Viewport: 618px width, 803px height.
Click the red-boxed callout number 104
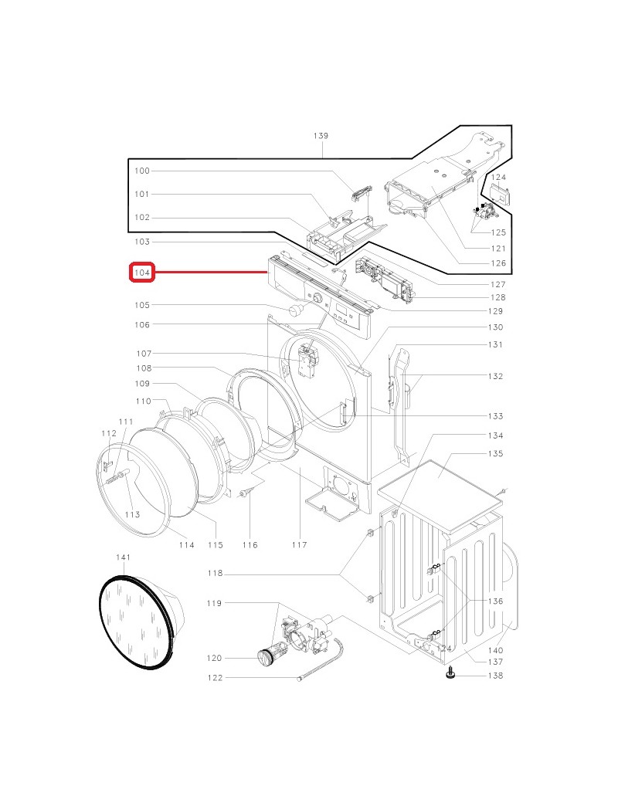click(142, 273)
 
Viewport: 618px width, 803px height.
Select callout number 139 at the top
click(321, 136)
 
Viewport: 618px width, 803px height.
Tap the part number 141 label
click(123, 557)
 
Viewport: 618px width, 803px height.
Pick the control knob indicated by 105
click(296, 310)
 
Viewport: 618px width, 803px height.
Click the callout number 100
click(142, 171)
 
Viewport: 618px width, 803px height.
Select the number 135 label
click(495, 453)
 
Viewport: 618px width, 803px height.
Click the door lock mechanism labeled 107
click(307, 361)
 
